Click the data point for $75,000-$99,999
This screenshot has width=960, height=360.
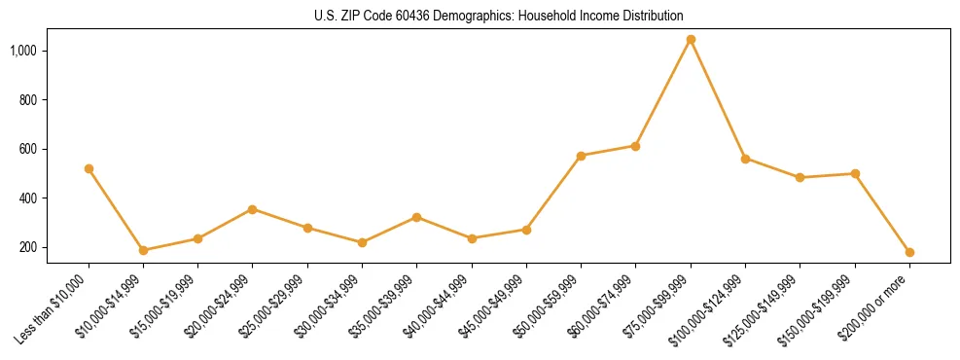click(x=691, y=40)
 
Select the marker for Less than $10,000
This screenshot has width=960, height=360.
click(x=89, y=168)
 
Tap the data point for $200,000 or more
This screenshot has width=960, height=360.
click(x=909, y=252)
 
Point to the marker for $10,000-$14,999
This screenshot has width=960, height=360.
click(x=143, y=250)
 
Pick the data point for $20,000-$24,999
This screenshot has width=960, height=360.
click(x=253, y=209)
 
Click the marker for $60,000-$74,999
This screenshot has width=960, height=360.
click(x=635, y=146)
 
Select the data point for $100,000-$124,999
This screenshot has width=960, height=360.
click(x=745, y=159)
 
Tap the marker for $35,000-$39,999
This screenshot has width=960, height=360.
click(x=416, y=217)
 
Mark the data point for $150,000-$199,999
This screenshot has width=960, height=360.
click(x=855, y=173)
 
